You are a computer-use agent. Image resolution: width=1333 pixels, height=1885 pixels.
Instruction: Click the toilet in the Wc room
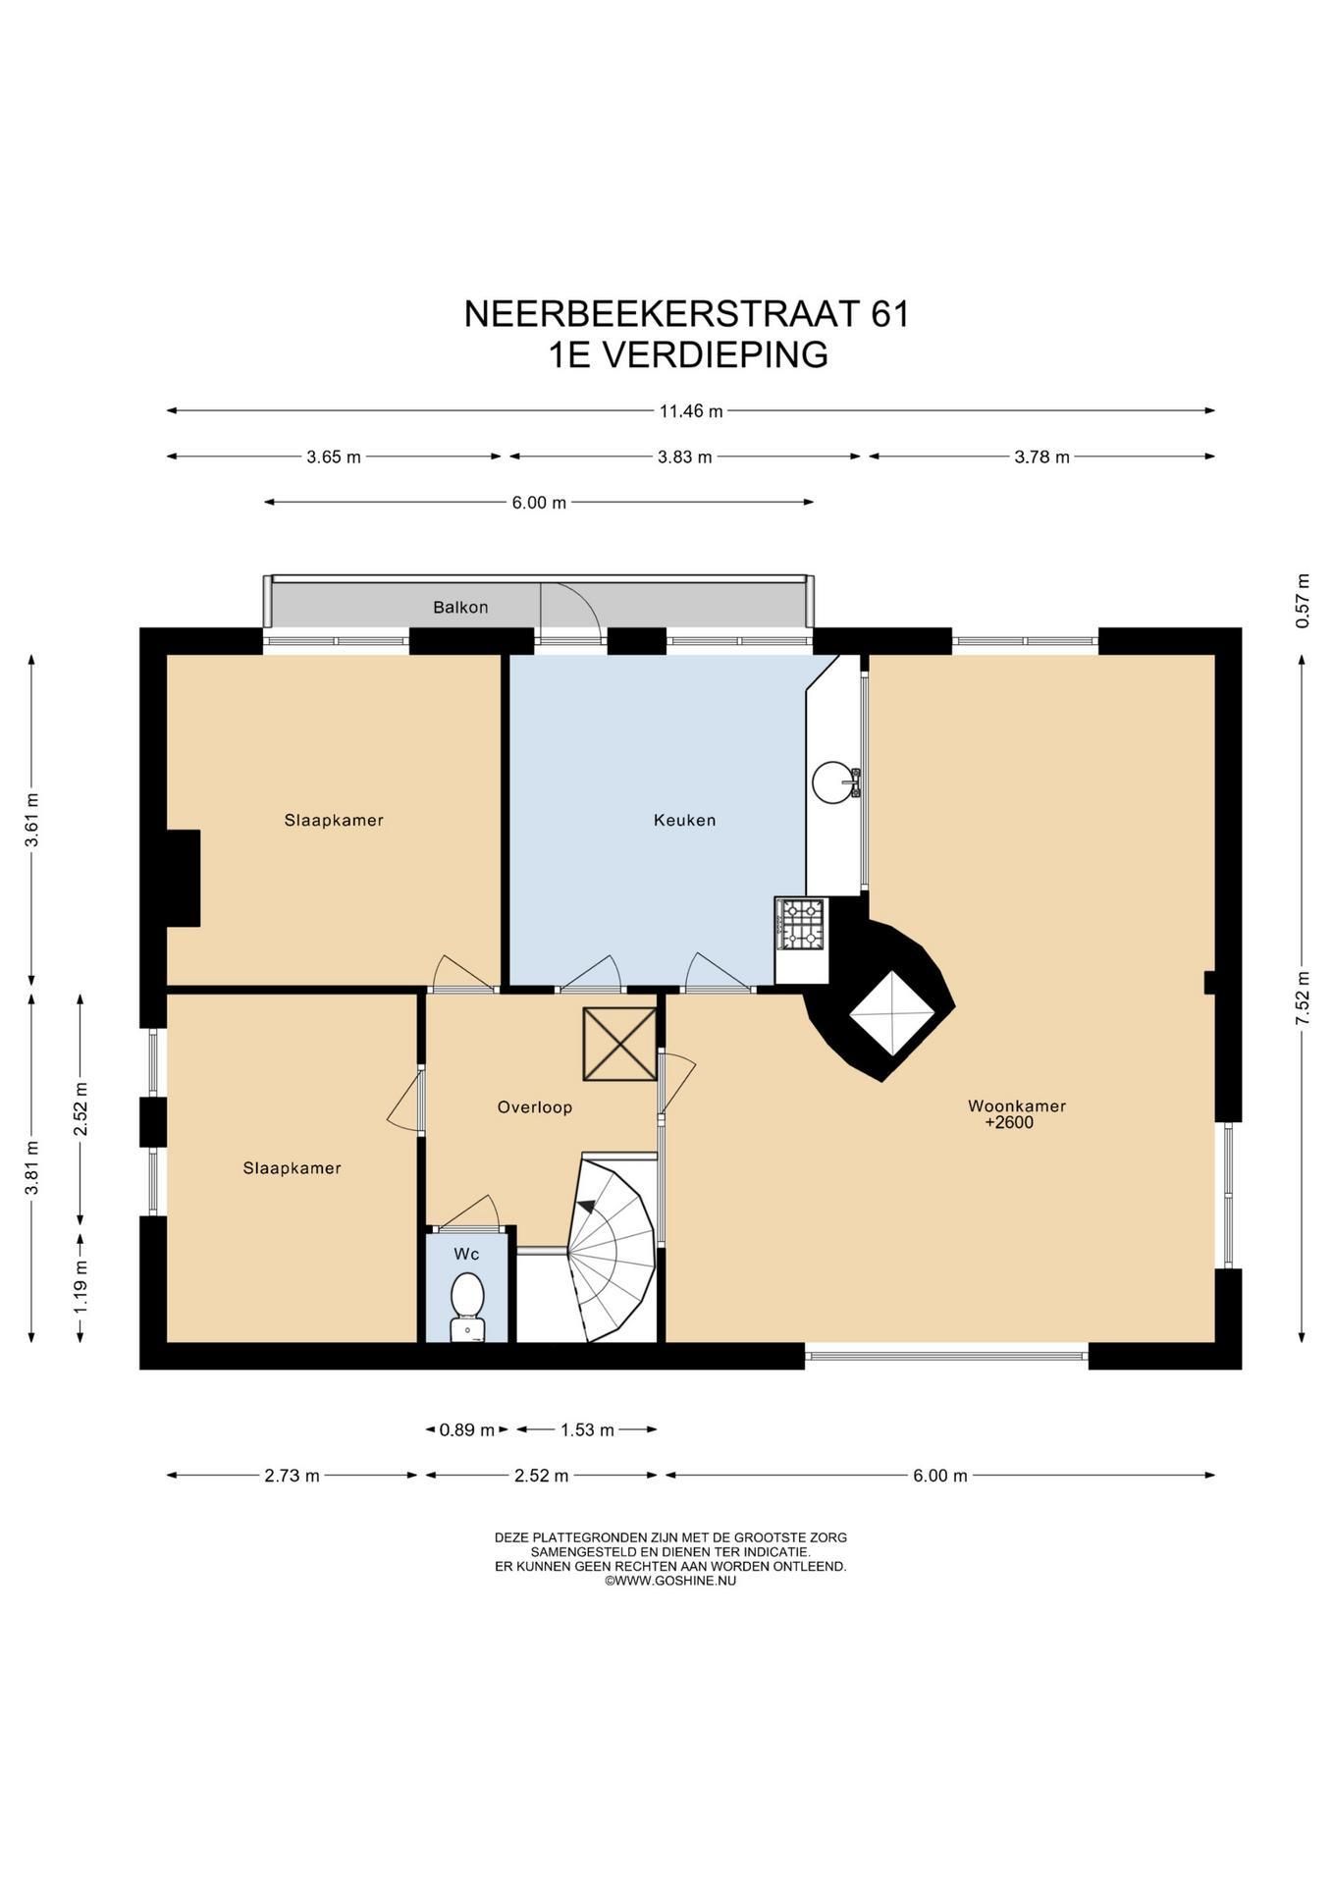tap(467, 1305)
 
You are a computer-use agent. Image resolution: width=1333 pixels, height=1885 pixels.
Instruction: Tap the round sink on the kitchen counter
tap(833, 781)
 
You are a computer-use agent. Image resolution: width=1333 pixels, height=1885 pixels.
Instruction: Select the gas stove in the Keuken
tap(802, 924)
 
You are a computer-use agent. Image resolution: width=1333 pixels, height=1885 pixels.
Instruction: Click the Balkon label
tap(460, 608)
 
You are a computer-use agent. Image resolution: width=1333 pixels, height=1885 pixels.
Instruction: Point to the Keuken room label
tap(684, 820)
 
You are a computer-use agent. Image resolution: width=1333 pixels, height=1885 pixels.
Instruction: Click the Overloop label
tap(534, 1107)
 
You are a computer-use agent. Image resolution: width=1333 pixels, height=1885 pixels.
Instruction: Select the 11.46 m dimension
tap(690, 411)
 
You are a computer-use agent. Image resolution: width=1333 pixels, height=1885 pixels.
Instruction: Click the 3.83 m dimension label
tap(684, 457)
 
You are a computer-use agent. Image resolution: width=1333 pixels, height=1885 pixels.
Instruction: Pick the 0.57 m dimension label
tap(1303, 600)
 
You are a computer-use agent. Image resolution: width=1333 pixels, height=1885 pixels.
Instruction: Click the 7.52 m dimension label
tap(1303, 998)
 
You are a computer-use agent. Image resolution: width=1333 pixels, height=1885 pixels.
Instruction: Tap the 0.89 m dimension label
tap(467, 1430)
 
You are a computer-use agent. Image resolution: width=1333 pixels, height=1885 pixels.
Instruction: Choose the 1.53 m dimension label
tap(587, 1430)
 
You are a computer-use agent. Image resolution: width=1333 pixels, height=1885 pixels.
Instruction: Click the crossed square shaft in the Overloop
tap(619, 1045)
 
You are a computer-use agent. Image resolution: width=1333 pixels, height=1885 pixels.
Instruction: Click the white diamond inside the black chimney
tap(891, 1013)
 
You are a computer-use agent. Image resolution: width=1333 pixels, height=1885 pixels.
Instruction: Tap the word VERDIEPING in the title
tap(714, 354)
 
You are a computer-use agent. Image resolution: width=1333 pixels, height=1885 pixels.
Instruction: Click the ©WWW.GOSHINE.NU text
tap(670, 1582)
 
